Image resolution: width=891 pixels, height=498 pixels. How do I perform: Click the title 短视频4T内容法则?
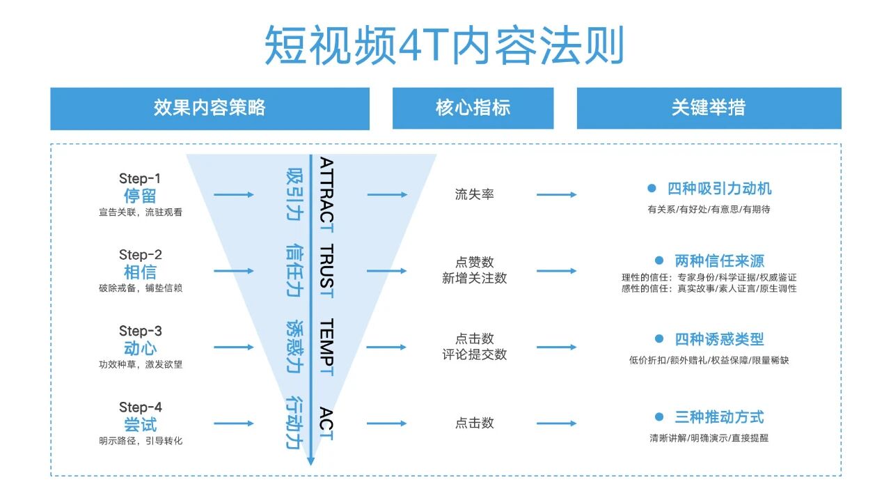tap(444, 45)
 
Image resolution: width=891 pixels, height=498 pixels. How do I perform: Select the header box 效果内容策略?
tap(210, 108)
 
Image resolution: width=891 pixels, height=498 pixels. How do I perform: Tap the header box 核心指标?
tap(473, 108)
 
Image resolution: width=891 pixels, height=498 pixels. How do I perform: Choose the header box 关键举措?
tap(709, 108)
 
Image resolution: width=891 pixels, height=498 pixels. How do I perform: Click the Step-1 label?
tap(140, 179)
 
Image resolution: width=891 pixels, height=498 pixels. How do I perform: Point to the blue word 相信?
tap(140, 272)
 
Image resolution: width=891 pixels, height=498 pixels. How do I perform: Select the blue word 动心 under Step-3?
tap(140, 348)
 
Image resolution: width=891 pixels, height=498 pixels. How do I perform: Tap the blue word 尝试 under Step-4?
tap(140, 424)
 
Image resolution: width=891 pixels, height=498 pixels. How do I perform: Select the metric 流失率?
tap(474, 195)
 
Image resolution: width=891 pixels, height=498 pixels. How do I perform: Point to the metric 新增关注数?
tap(474, 279)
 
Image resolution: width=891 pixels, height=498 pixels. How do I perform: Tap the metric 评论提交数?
tap(474, 355)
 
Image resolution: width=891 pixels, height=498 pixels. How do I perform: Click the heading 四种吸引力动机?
tap(719, 189)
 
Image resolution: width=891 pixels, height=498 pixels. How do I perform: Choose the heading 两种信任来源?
tap(719, 261)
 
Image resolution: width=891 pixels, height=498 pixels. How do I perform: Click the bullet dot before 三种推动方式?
tap(659, 417)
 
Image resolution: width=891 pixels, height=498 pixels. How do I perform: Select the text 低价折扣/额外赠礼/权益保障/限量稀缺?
tap(709, 360)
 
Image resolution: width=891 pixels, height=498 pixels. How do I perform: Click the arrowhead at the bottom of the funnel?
tap(310, 460)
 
